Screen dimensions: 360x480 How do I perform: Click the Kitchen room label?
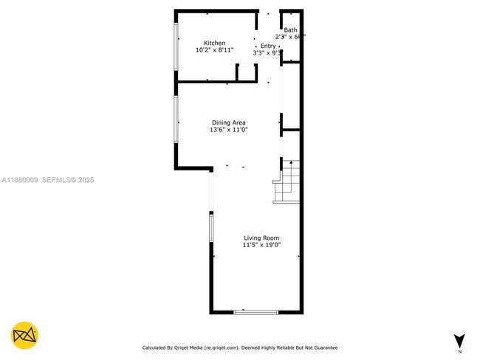pyautogui.click(x=215, y=43)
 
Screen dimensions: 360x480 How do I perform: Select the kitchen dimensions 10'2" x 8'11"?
pyautogui.click(x=215, y=51)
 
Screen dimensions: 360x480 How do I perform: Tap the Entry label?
pyautogui.click(x=267, y=46)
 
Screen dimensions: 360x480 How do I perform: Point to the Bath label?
pyautogui.click(x=290, y=30)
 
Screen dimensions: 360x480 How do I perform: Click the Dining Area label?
pyautogui.click(x=228, y=122)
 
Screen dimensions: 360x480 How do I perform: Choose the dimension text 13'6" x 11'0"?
pyautogui.click(x=228, y=131)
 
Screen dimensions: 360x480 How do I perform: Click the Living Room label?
pyautogui.click(x=262, y=238)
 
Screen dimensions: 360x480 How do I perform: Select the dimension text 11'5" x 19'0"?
pyautogui.click(x=262, y=245)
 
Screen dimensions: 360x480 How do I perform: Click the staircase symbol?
pyautogui.click(x=287, y=181)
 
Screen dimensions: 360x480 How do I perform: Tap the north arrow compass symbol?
pyautogui.click(x=459, y=340)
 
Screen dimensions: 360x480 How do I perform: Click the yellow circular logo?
pyautogui.click(x=25, y=336)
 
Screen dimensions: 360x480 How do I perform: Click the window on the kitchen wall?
pyautogui.click(x=176, y=46)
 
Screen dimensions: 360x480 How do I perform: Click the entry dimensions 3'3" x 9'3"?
pyautogui.click(x=268, y=53)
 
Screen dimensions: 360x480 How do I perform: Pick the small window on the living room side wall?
pyautogui.click(x=211, y=226)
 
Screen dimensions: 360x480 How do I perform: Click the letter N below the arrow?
pyautogui.click(x=459, y=351)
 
